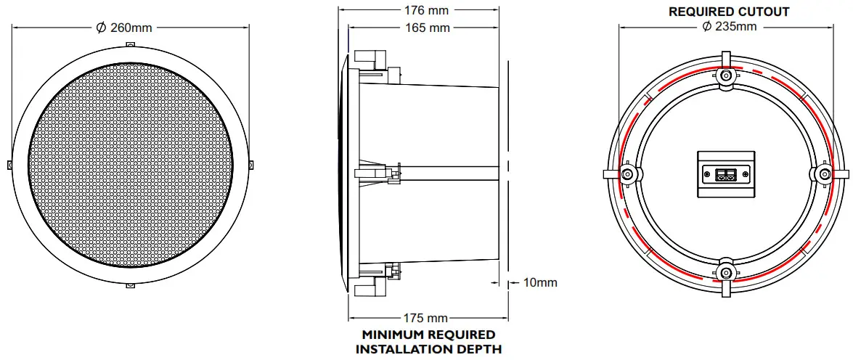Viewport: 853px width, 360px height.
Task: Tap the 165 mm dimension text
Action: tap(426, 28)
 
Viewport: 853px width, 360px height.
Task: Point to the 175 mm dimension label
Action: tap(425, 318)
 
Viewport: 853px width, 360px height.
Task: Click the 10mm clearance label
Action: tap(540, 282)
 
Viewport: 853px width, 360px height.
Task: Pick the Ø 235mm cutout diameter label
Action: tap(729, 27)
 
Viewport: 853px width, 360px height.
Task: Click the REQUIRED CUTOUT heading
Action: tap(729, 12)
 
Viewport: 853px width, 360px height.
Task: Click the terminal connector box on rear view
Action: tap(726, 173)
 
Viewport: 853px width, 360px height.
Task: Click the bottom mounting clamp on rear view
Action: tap(726, 273)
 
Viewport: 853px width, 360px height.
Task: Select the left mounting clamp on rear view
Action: tap(627, 173)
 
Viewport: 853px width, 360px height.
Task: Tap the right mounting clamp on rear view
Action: tap(825, 173)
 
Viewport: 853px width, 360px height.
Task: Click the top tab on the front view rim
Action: tap(129, 44)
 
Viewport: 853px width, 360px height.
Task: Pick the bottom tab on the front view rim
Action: tap(129, 285)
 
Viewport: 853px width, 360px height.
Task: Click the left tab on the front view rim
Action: tap(9, 165)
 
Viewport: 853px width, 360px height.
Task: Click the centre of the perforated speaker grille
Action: tap(129, 165)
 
